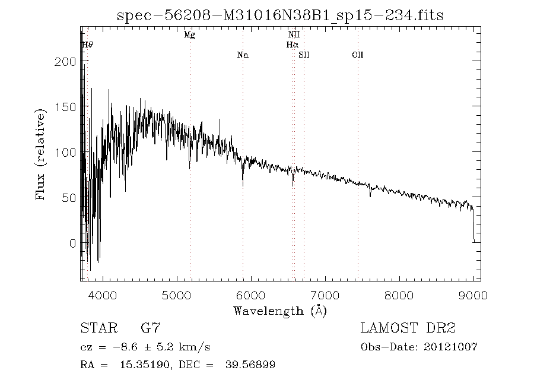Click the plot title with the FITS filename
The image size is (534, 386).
pyautogui.click(x=281, y=15)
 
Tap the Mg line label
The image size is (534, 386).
pyautogui.click(x=189, y=35)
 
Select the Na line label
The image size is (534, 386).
pyautogui.click(x=243, y=55)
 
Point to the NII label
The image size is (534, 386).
pyautogui.click(x=294, y=35)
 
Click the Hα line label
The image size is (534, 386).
pyautogui.click(x=291, y=45)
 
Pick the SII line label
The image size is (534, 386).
pyautogui.click(x=304, y=55)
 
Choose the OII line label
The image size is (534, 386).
pyautogui.click(x=357, y=55)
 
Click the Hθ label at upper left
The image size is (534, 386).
pyautogui.click(x=87, y=45)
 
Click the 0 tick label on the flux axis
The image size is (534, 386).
pyautogui.click(x=73, y=243)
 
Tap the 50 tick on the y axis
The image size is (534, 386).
pyautogui.click(x=70, y=198)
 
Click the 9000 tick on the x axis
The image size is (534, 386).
pyautogui.click(x=473, y=295)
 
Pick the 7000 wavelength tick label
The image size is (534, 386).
pyautogui.click(x=325, y=295)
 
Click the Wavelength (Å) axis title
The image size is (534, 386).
pyautogui.click(x=279, y=311)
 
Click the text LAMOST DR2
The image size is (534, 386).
pyautogui.click(x=408, y=328)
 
